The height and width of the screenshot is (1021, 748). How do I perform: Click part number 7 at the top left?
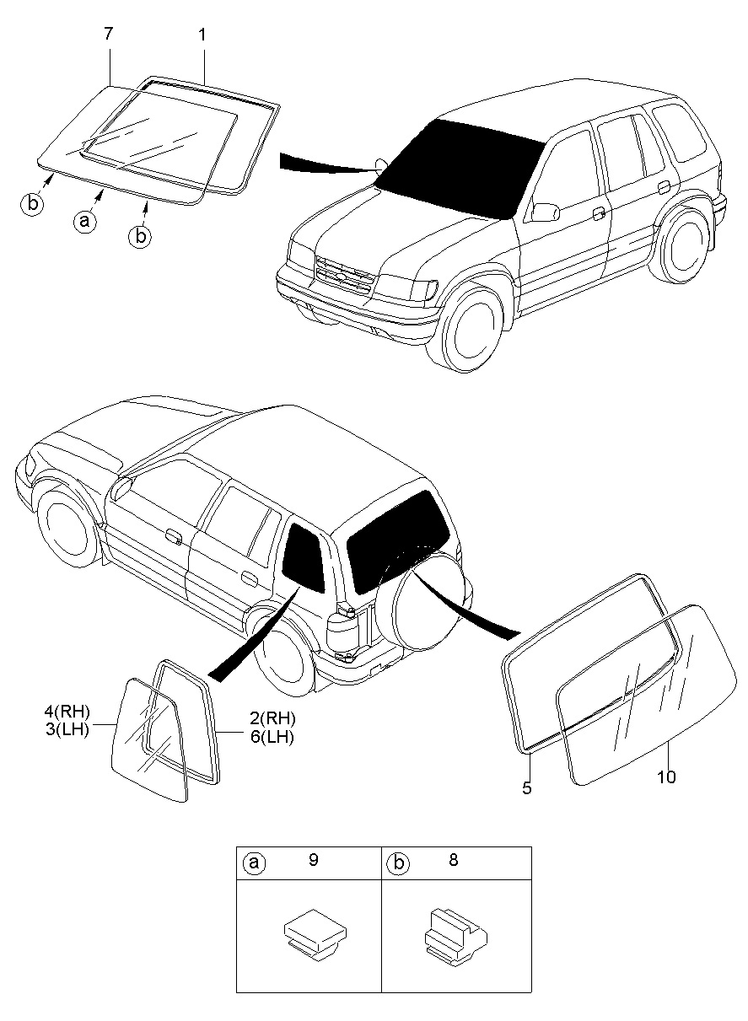[x=108, y=35]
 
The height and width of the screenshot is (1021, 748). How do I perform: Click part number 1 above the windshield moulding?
[x=202, y=35]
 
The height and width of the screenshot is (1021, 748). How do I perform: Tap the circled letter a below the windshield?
[x=83, y=222]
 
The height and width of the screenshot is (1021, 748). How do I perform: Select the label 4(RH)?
[x=67, y=712]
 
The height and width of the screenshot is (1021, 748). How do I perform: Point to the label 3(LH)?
[x=67, y=729]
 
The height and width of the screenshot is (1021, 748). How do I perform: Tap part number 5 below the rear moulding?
[x=527, y=788]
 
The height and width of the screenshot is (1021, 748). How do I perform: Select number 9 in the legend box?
[x=313, y=862]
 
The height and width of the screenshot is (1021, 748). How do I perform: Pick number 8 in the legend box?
[x=455, y=862]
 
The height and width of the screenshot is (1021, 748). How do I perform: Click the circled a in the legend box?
[x=253, y=863]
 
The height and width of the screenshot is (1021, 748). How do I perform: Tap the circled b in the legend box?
[x=397, y=863]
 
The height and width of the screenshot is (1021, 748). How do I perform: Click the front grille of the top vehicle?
[x=344, y=275]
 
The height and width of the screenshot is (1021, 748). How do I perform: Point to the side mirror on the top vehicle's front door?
[x=546, y=210]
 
